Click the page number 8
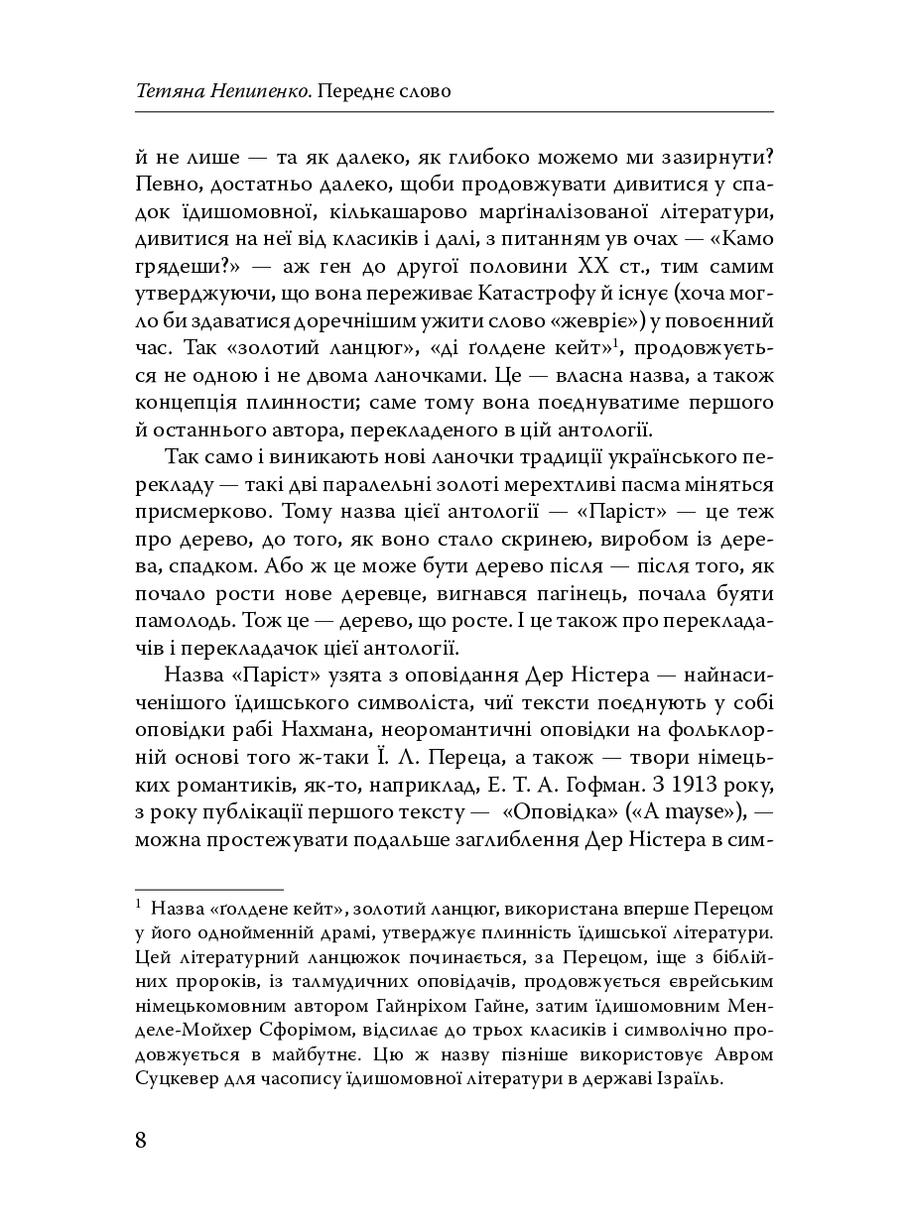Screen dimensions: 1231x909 tap(141, 1139)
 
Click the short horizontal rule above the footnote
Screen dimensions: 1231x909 tap(208, 890)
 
